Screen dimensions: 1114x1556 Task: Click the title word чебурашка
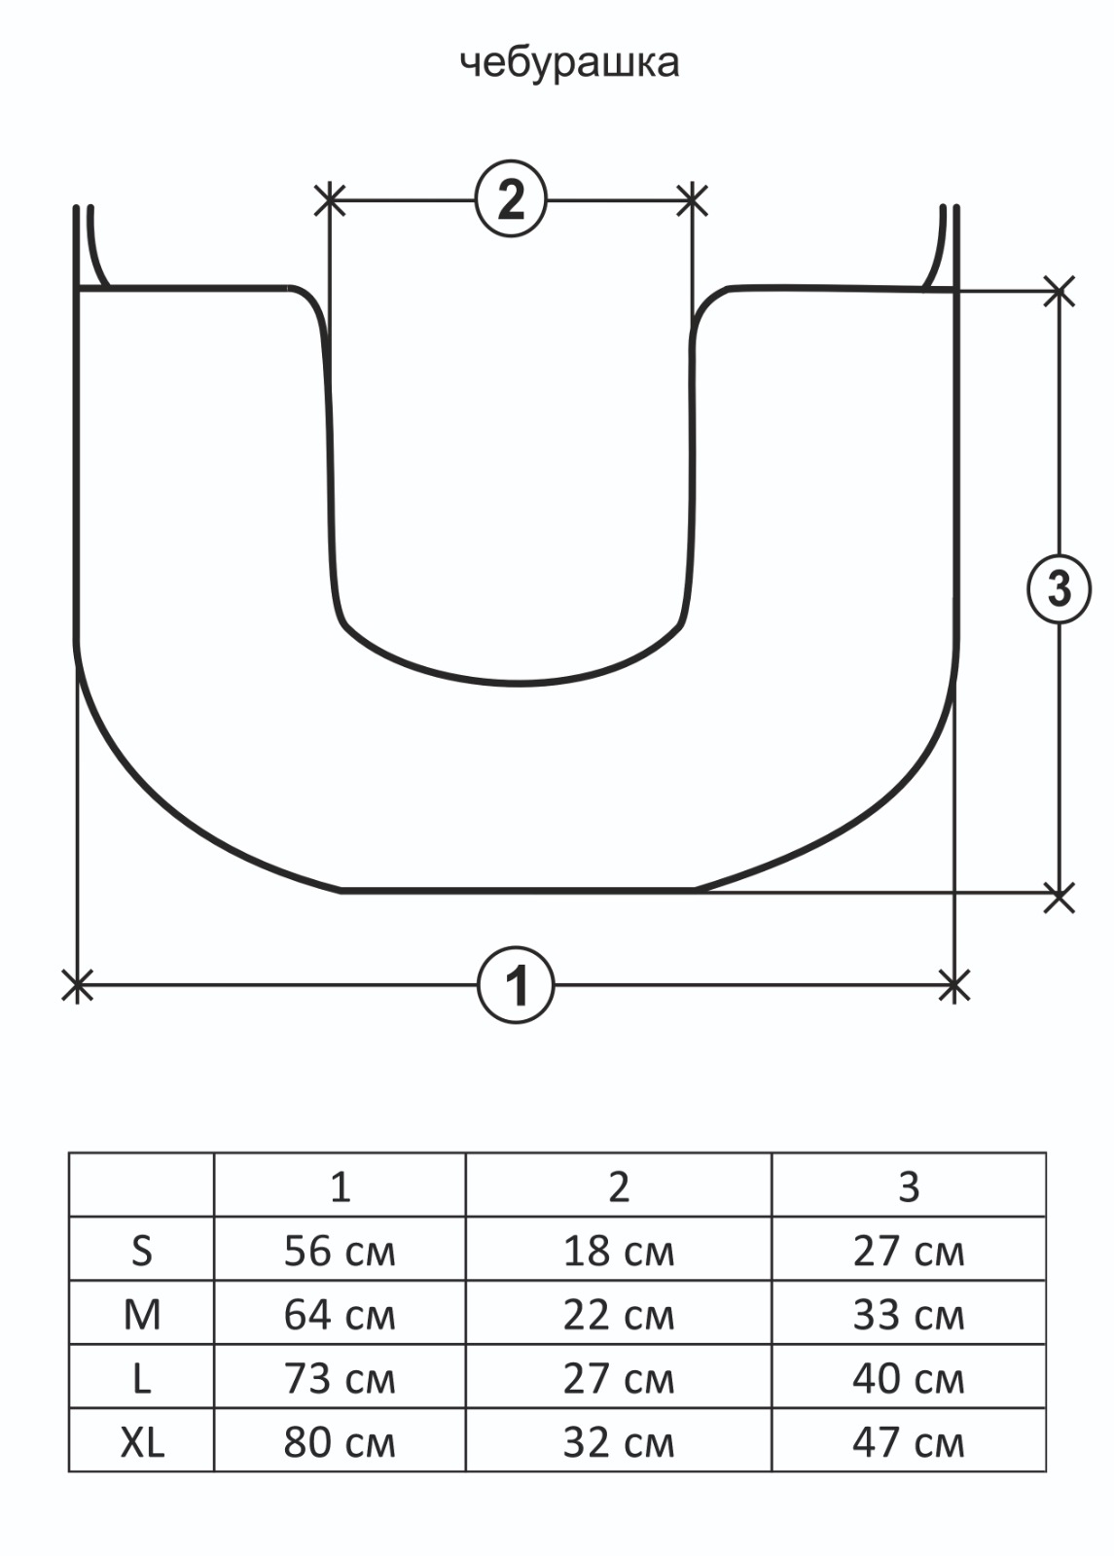click(570, 64)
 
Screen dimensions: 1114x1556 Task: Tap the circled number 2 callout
click(512, 200)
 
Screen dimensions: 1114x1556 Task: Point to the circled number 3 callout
click(1060, 589)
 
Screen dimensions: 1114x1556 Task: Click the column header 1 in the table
click(340, 1187)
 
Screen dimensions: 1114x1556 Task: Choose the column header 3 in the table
click(909, 1187)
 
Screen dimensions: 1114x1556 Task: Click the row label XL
click(142, 1443)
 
